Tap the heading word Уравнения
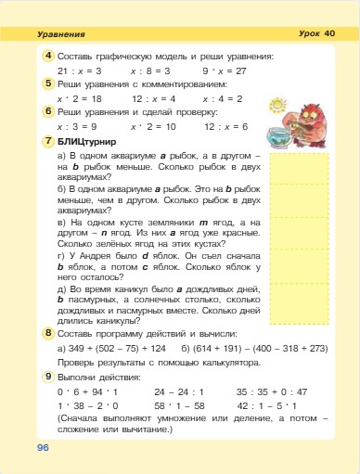point(62,33)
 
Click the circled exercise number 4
point(47,57)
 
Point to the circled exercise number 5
point(47,83)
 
